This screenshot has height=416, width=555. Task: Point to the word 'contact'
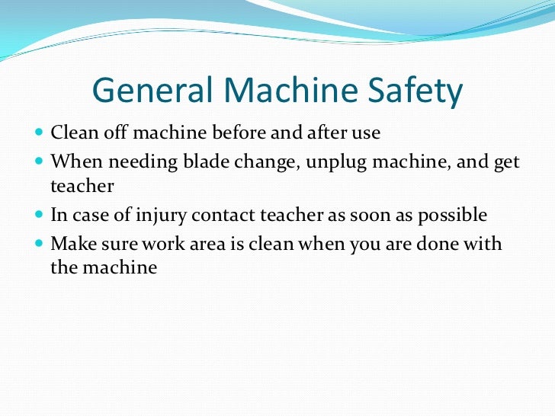(x=220, y=216)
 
